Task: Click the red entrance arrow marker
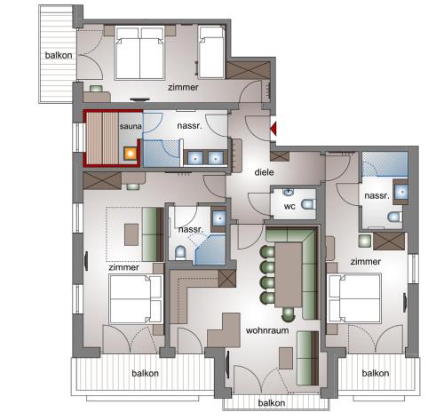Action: pos(274,129)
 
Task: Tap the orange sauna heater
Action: pos(131,154)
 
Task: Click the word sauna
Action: pos(131,126)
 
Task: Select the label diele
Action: pos(264,172)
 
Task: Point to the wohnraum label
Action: pos(267,330)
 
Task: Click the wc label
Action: pos(289,206)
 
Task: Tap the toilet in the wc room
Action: pos(308,204)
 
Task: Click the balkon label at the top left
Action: pos(59,55)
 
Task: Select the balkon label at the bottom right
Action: pos(376,373)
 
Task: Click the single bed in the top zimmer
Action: pos(211,52)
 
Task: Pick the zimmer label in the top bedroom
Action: pos(183,87)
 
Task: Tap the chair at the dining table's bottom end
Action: pos(288,314)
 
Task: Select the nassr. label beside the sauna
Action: pos(189,126)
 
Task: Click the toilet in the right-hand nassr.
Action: pos(395,217)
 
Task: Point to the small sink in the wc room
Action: pos(288,193)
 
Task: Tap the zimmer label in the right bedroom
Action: pos(365,262)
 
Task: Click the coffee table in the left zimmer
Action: pos(131,234)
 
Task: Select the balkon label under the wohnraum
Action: pos(272,403)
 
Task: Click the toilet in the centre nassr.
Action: pos(180,253)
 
